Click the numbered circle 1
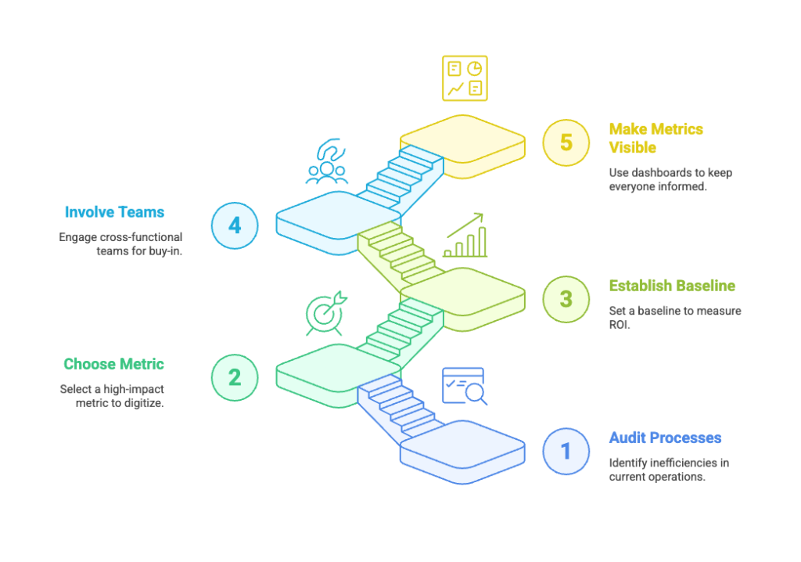[x=566, y=451]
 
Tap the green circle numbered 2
[x=235, y=377]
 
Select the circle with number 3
[x=566, y=299]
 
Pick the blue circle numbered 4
[x=235, y=225]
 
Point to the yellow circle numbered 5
[x=566, y=142]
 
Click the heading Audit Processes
[x=665, y=438]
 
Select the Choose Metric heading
[x=113, y=364]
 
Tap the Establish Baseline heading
[x=672, y=286]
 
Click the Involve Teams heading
[x=114, y=212]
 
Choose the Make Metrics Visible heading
[x=656, y=138]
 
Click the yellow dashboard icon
[x=465, y=78]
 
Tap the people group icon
[x=327, y=161]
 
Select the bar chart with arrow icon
[x=465, y=235]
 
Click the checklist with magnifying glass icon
[x=465, y=387]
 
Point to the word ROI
[x=619, y=325]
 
